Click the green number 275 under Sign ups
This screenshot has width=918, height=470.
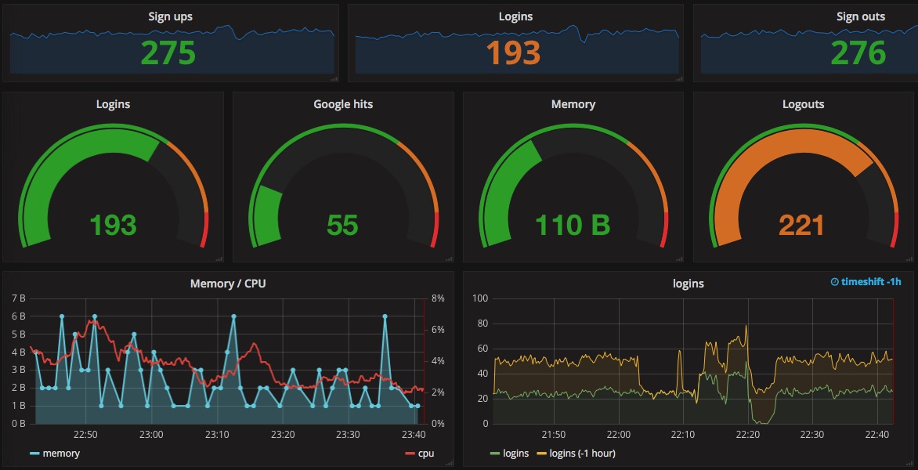tap(168, 52)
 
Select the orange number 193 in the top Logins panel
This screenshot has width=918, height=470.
tap(513, 52)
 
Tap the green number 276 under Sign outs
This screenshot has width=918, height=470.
tap(858, 52)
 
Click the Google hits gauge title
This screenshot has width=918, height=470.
tap(343, 104)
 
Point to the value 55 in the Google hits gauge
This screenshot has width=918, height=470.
tap(343, 226)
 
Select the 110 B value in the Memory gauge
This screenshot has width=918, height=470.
tap(573, 226)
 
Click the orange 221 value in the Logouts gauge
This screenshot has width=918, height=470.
tap(802, 226)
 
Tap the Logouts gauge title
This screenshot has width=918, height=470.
tap(803, 104)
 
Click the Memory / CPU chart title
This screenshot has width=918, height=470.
tap(228, 284)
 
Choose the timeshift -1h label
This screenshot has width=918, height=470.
tap(866, 282)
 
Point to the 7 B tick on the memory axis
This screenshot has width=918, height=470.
tap(19, 298)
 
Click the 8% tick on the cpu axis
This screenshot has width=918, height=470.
tap(437, 298)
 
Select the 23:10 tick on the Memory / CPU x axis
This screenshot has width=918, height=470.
tap(217, 435)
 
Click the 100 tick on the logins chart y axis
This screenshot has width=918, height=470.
tap(480, 298)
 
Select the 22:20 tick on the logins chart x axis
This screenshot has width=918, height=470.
tap(748, 435)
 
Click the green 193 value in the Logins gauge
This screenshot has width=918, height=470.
tap(113, 226)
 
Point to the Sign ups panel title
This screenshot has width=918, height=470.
tap(170, 16)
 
